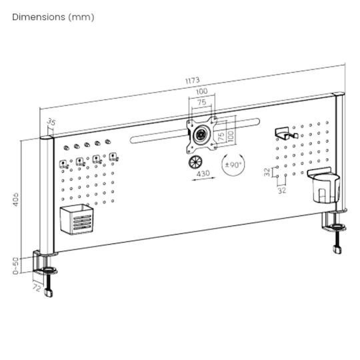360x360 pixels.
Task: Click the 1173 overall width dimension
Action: point(193,81)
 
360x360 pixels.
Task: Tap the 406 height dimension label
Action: point(15,199)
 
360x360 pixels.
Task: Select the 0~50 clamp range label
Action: point(15,265)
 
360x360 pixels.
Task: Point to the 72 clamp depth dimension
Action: point(37,287)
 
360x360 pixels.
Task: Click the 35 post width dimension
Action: point(51,122)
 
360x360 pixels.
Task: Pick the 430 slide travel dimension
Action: point(203,173)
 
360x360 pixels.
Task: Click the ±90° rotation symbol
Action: point(233,165)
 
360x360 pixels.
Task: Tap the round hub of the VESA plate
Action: point(201,134)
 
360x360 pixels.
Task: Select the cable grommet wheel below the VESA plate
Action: point(195,162)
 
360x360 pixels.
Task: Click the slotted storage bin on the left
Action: point(77,219)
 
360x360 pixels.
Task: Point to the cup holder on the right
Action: point(324,185)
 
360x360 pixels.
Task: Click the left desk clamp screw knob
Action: point(49,293)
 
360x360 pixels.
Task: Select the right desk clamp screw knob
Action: point(337,250)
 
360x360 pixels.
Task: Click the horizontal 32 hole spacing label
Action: point(282,190)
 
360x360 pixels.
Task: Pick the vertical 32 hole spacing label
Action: point(267,172)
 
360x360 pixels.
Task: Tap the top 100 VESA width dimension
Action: point(201,91)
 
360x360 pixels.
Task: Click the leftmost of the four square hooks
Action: point(63,165)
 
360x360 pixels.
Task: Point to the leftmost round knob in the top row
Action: point(66,147)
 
